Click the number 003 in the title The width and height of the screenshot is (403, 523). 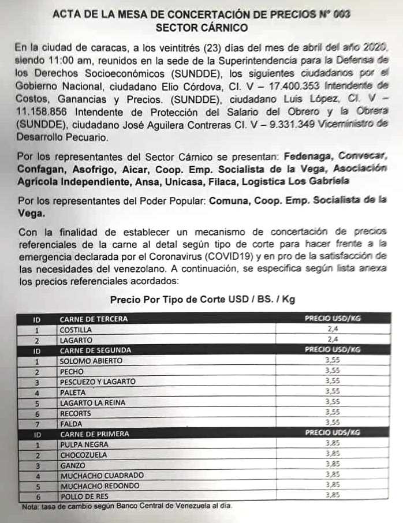[339, 15]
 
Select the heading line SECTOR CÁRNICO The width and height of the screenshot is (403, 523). [201, 28]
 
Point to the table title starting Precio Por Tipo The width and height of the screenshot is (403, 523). [203, 300]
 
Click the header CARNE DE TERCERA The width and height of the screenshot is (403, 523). [93, 319]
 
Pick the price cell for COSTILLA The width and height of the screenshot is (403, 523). [332, 330]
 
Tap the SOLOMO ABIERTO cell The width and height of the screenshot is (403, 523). [91, 361]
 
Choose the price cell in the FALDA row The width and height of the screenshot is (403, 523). [332, 423]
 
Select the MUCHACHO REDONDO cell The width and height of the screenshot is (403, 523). [99, 485]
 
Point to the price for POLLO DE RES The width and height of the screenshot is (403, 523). [332, 496]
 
